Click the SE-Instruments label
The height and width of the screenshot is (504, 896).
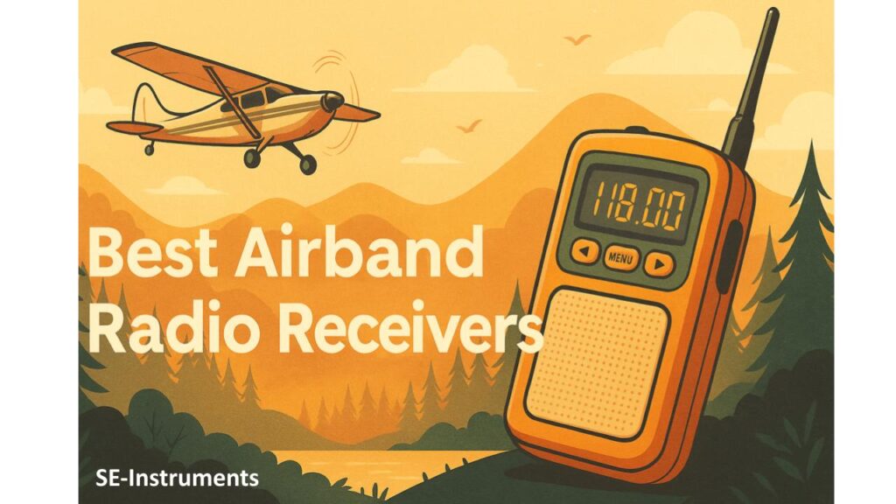[178, 478]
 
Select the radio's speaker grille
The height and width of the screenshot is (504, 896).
[598, 360]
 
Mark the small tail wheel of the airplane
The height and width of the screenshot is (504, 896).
[146, 150]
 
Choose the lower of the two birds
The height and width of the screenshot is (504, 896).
[469, 127]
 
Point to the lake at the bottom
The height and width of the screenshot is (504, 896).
[420, 468]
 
